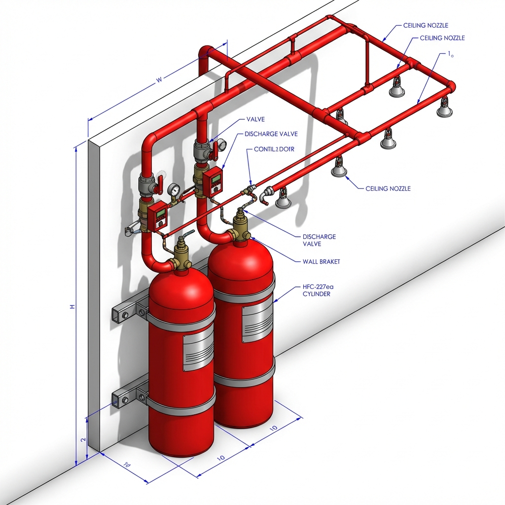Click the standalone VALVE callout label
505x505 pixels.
coord(255,119)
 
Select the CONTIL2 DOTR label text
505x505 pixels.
coord(274,149)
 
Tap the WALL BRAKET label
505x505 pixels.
coord(321,261)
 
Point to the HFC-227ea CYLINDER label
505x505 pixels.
coord(316,290)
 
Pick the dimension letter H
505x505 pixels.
coord(72,307)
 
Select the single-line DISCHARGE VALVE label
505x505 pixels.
coord(271,134)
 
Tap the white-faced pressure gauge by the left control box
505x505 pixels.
coord(173,190)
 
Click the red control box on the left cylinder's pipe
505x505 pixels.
coord(159,215)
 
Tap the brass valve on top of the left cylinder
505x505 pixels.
coord(181,256)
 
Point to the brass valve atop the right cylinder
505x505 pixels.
coord(241,225)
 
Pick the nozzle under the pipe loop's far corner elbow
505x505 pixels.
coord(444,108)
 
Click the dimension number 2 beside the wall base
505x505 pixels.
coord(83,439)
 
